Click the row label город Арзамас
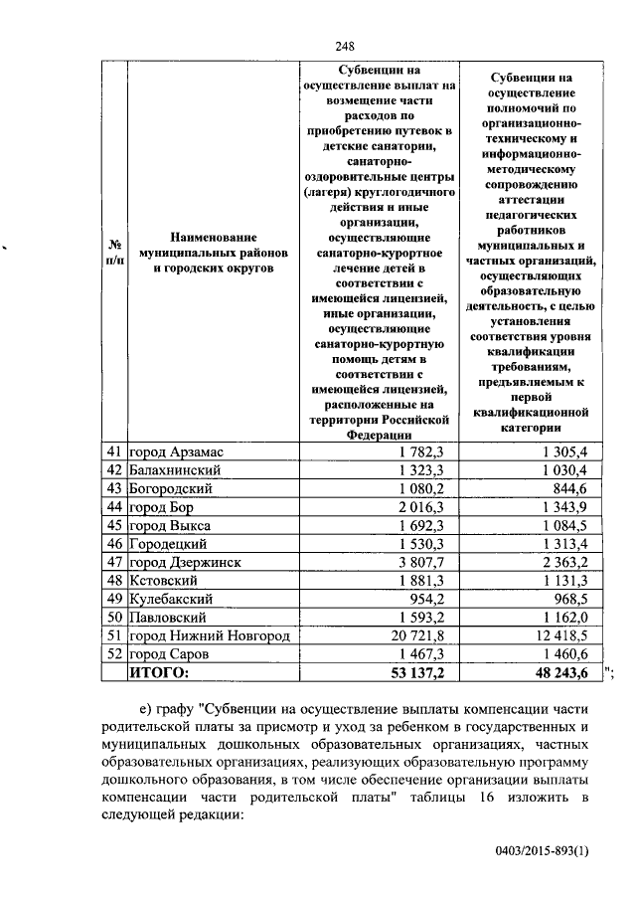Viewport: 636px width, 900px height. pos(176,452)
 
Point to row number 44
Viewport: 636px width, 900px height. pos(114,507)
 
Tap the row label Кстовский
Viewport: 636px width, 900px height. pos(164,580)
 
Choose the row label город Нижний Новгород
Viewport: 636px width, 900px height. pos(209,635)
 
